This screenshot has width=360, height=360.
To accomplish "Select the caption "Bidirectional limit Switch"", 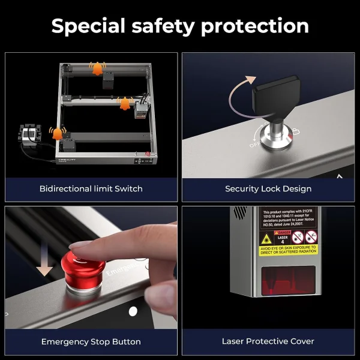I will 91,188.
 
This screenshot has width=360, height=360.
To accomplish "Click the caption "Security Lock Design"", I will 268,188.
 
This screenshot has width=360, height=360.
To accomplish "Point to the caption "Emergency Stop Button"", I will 91,341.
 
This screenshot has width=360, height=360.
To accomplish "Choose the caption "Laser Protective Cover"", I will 268,341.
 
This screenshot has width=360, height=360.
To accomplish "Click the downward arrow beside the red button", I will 45,264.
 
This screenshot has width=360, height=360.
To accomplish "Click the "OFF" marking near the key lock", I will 255,145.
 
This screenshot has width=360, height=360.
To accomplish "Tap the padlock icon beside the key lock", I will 296,132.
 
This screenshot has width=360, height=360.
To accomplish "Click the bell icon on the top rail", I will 96,68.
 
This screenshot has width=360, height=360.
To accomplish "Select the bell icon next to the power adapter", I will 58,133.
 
